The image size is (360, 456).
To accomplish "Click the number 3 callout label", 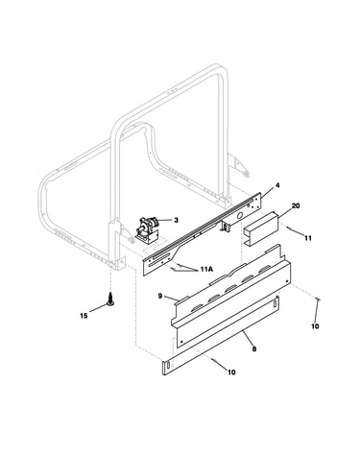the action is coord(176,220).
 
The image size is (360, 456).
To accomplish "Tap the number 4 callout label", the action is coord(277,185).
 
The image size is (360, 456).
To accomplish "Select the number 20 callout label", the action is coord(296,205).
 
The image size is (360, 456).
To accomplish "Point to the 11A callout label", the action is coord(206,270).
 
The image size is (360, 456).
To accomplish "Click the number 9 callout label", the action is coord(160,296).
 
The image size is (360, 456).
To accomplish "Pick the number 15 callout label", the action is coord(84,316).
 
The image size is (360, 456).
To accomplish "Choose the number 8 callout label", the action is coord(254,349).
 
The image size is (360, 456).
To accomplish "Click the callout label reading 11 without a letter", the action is coord(308,238).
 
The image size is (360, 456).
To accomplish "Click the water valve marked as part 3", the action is coord(146,229).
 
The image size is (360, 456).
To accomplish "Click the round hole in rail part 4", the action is coord(239,215).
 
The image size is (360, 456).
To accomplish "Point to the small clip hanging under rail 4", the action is coord(226,226).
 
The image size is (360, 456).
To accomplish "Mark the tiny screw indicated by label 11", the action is coord(289,228).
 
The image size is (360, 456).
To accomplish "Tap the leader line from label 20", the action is coord(284,213).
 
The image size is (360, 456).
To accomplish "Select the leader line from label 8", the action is coord(248,338).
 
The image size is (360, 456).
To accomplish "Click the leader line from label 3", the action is coord(165,220).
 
